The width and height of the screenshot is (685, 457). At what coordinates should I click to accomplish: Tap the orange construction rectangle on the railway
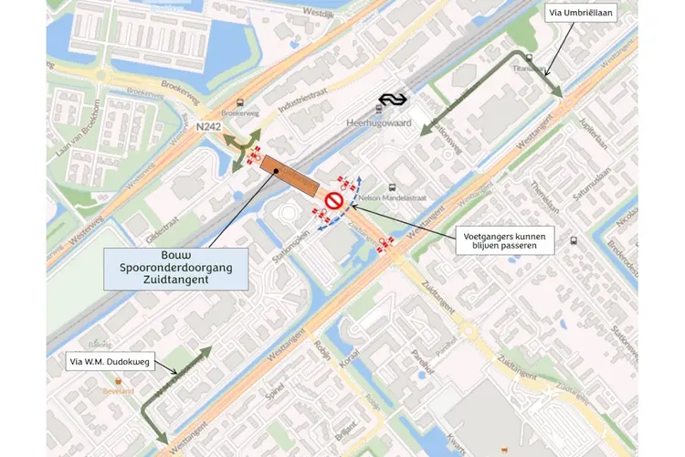[x=286, y=173]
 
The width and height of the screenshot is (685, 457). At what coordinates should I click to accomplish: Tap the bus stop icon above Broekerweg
[x=239, y=104]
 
